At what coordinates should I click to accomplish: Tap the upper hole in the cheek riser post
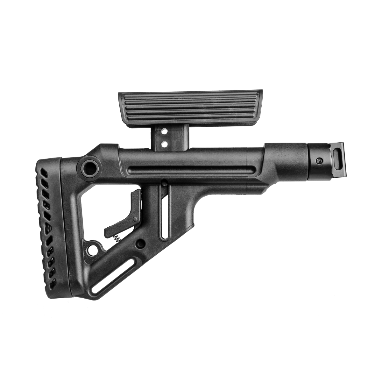coord(164,131)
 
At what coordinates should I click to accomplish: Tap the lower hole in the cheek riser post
coord(164,144)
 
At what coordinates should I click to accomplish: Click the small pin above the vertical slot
coord(164,183)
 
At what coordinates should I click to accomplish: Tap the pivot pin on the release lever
coord(136,218)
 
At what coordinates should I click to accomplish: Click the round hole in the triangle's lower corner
coord(93,250)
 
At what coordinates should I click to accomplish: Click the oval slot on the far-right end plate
coord(337,158)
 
